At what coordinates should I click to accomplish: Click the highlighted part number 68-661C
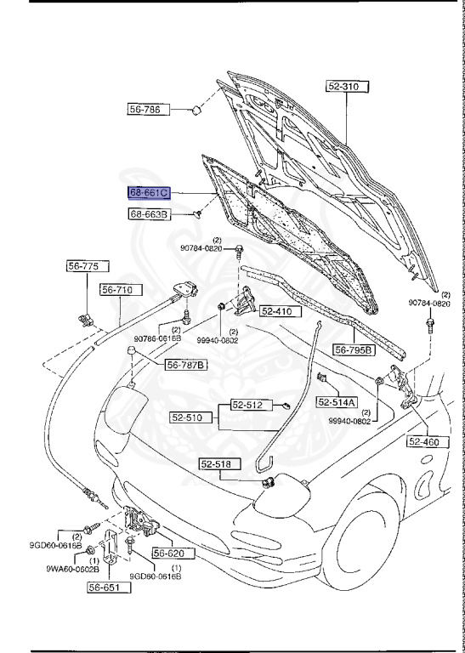[150, 193]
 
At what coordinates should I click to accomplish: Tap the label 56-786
[150, 110]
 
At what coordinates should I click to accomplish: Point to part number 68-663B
[150, 215]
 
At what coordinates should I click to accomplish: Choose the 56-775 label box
[84, 266]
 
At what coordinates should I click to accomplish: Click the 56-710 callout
[116, 290]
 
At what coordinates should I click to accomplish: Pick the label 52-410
[276, 311]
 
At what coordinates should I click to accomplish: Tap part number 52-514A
[337, 401]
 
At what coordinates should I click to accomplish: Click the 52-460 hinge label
[428, 441]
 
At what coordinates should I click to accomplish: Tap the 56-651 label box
[108, 587]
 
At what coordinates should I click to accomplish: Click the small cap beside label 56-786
[195, 109]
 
